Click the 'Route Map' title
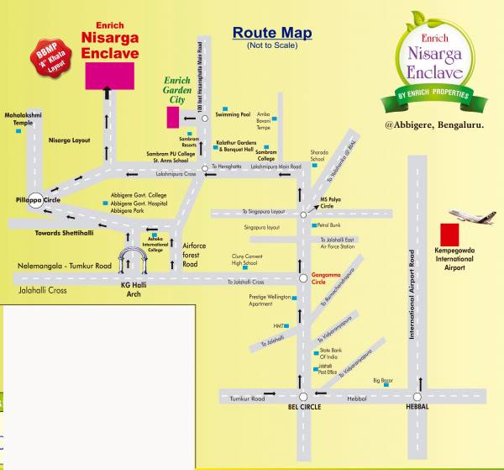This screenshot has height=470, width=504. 272,33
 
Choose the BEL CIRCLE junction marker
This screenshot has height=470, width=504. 302,396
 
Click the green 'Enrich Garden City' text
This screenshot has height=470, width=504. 177,89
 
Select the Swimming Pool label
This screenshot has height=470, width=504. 233,113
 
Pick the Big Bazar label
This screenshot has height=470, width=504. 383,380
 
